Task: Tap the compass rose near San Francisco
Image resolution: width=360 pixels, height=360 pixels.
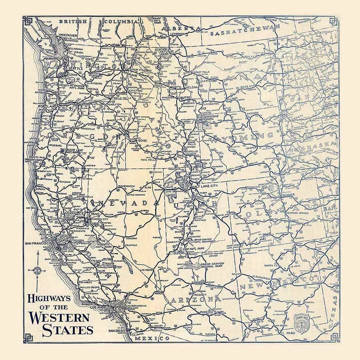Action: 37,270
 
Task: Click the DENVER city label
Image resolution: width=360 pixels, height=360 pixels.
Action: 289,195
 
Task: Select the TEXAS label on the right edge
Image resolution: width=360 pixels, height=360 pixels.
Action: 334,311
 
